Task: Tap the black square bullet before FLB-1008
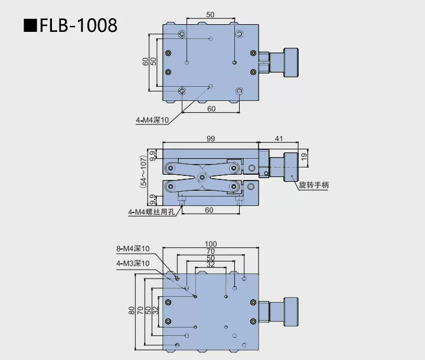point(29,26)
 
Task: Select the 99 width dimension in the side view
point(211,138)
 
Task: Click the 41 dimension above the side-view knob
point(279,138)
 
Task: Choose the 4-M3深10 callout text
point(133,263)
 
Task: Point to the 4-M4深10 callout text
point(152,120)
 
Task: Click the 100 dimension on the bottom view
point(211,244)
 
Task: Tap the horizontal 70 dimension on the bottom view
point(211,251)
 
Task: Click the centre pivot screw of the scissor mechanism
point(202,176)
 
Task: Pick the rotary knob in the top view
point(289,62)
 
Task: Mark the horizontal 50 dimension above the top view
point(211,14)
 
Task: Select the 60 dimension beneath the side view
point(210,210)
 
